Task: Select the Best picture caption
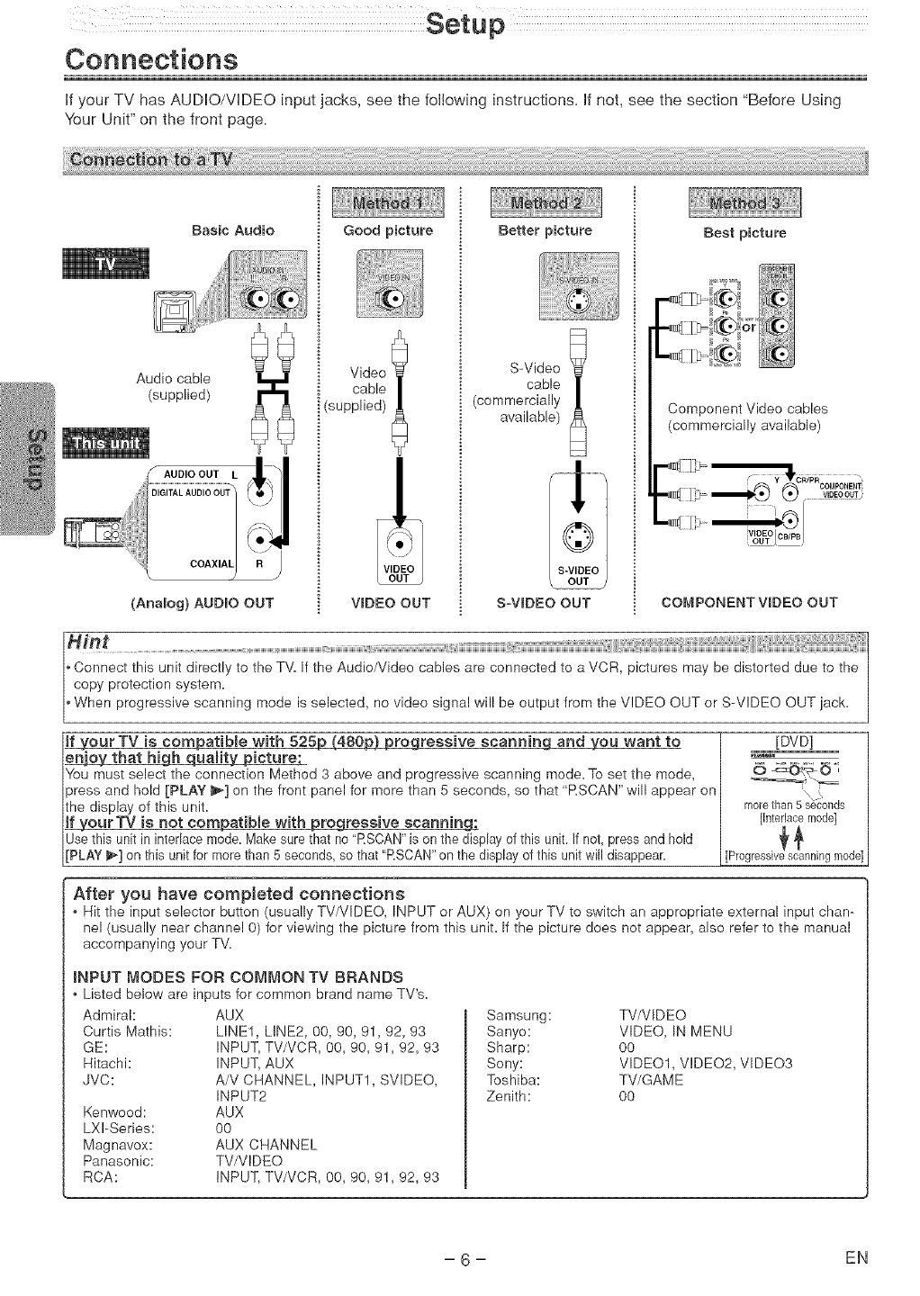tap(744, 233)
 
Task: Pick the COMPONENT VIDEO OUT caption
tap(749, 602)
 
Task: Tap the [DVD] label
tap(795, 742)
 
